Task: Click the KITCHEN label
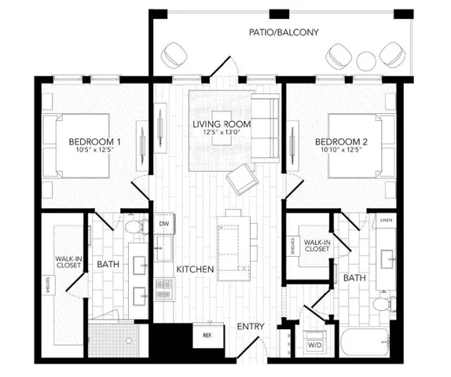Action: pyautogui.click(x=195, y=269)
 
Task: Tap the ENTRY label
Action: pyautogui.click(x=251, y=327)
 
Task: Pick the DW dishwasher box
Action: pyautogui.click(x=164, y=225)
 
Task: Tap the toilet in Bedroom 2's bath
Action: pyautogui.click(x=383, y=303)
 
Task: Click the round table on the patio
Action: pyautogui.click(x=367, y=61)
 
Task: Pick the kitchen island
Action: pyautogui.click(x=233, y=247)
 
